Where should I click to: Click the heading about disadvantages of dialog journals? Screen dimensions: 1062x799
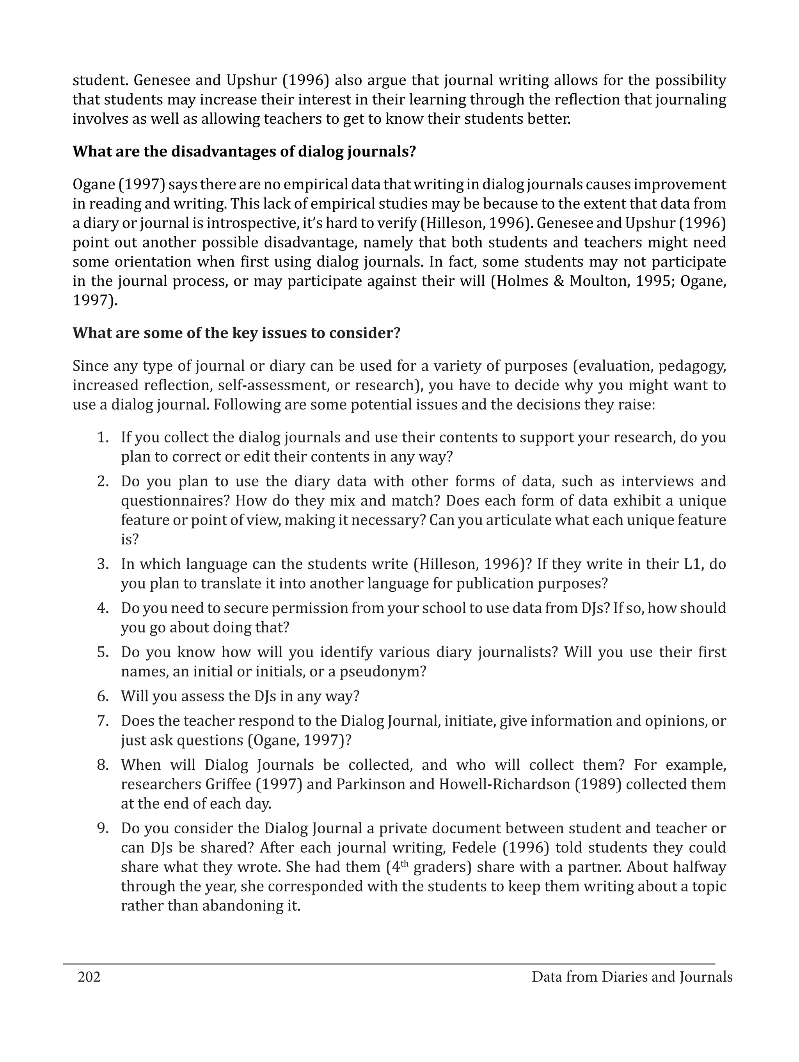pos(244,152)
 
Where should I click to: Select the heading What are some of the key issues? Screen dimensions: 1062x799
pos(236,333)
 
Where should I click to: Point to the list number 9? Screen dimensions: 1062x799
pos(103,828)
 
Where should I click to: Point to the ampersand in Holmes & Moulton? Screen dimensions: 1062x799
pos(558,281)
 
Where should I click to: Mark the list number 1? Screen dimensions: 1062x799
pos(103,438)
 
